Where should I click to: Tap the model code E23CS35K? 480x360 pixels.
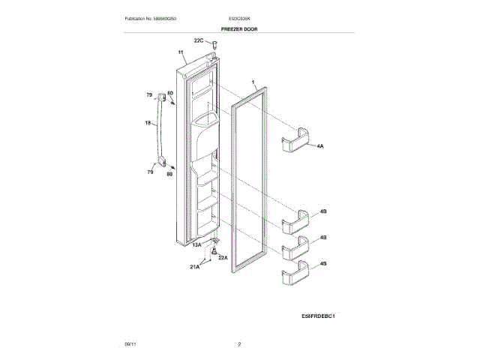coord(239,17)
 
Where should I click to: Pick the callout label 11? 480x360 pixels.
coord(181,53)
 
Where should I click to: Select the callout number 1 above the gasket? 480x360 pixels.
coord(253,80)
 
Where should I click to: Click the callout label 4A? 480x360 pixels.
coord(319,146)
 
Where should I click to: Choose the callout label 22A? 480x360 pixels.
coord(223,257)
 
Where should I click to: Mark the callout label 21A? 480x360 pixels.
coord(194,267)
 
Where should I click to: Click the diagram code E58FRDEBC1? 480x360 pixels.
coord(317,316)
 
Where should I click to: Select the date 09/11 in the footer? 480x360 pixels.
coord(130,343)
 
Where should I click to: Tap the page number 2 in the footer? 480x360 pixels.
coord(239,343)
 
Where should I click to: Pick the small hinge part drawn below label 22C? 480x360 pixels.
coord(212,48)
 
